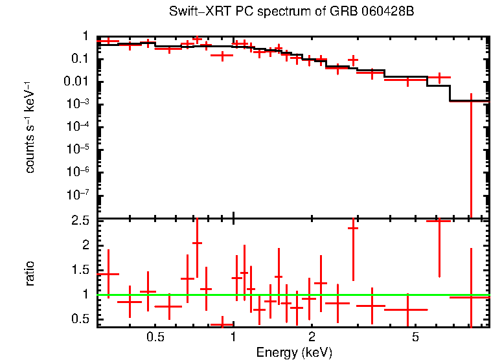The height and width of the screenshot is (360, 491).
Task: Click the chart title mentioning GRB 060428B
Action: click(x=291, y=12)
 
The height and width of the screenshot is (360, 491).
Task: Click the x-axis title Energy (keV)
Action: click(x=294, y=353)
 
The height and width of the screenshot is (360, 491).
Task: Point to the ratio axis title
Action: click(x=30, y=273)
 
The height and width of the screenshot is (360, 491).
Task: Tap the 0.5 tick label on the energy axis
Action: click(x=155, y=337)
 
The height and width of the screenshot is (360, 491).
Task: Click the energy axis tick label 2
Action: click(x=312, y=337)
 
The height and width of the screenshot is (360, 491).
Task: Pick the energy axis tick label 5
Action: click(x=415, y=337)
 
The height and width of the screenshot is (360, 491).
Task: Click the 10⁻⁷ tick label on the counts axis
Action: click(x=80, y=195)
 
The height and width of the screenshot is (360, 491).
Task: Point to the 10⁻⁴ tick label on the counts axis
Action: click(x=80, y=127)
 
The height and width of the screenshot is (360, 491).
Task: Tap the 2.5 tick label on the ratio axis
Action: click(x=82, y=221)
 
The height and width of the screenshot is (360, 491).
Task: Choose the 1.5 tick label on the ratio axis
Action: click(x=82, y=270)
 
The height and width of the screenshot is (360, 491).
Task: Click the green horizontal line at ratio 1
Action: click(x=291, y=295)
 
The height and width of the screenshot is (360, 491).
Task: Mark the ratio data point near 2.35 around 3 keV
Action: click(x=353, y=228)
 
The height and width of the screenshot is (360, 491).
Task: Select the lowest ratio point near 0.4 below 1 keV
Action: click(x=223, y=324)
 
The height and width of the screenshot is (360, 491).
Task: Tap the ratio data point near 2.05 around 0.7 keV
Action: click(x=197, y=243)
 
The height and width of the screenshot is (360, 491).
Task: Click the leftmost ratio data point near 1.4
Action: click(x=108, y=275)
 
